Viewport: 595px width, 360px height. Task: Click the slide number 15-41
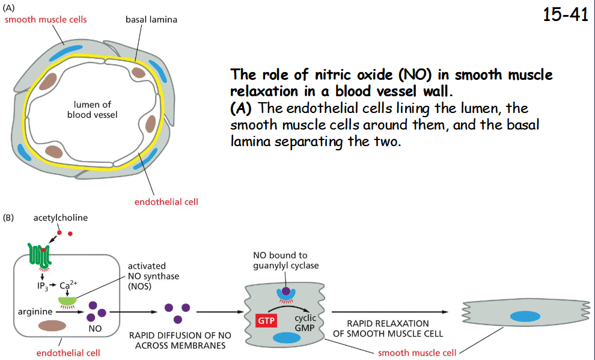tap(565, 15)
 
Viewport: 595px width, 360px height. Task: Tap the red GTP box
tap(266, 321)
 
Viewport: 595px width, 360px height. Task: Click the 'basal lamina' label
tap(151, 20)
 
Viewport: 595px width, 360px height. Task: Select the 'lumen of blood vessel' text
tap(92, 109)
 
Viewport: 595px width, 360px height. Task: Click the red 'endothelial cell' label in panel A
tap(166, 201)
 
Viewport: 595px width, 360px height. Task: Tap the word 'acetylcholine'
tap(60, 218)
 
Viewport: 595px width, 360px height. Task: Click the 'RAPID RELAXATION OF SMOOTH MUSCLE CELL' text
tap(388, 328)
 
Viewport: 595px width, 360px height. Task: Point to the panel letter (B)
tap(10, 218)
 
